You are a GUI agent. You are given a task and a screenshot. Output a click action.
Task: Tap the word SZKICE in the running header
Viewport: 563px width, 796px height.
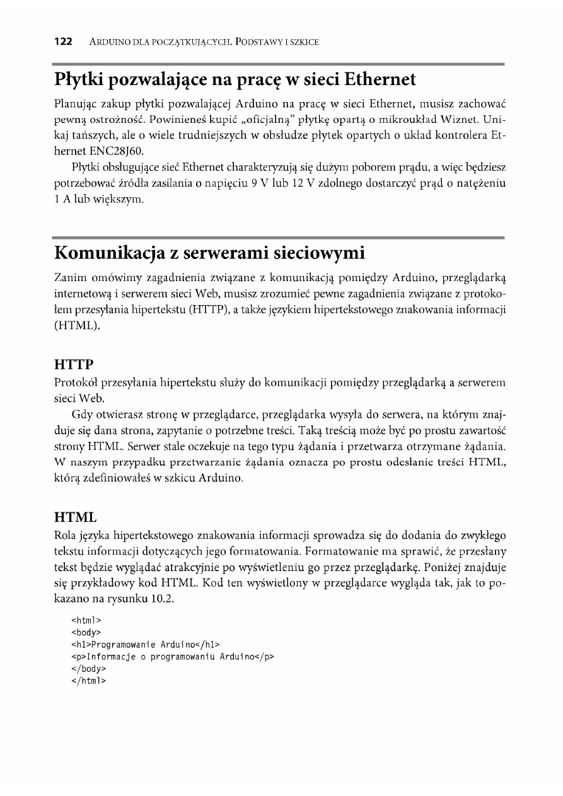pyautogui.click(x=301, y=43)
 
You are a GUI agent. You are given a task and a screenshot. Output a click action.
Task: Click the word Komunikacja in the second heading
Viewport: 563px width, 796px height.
pyautogui.click(x=108, y=253)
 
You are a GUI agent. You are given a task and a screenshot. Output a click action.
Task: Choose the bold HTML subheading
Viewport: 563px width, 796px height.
pyautogui.click(x=75, y=517)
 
